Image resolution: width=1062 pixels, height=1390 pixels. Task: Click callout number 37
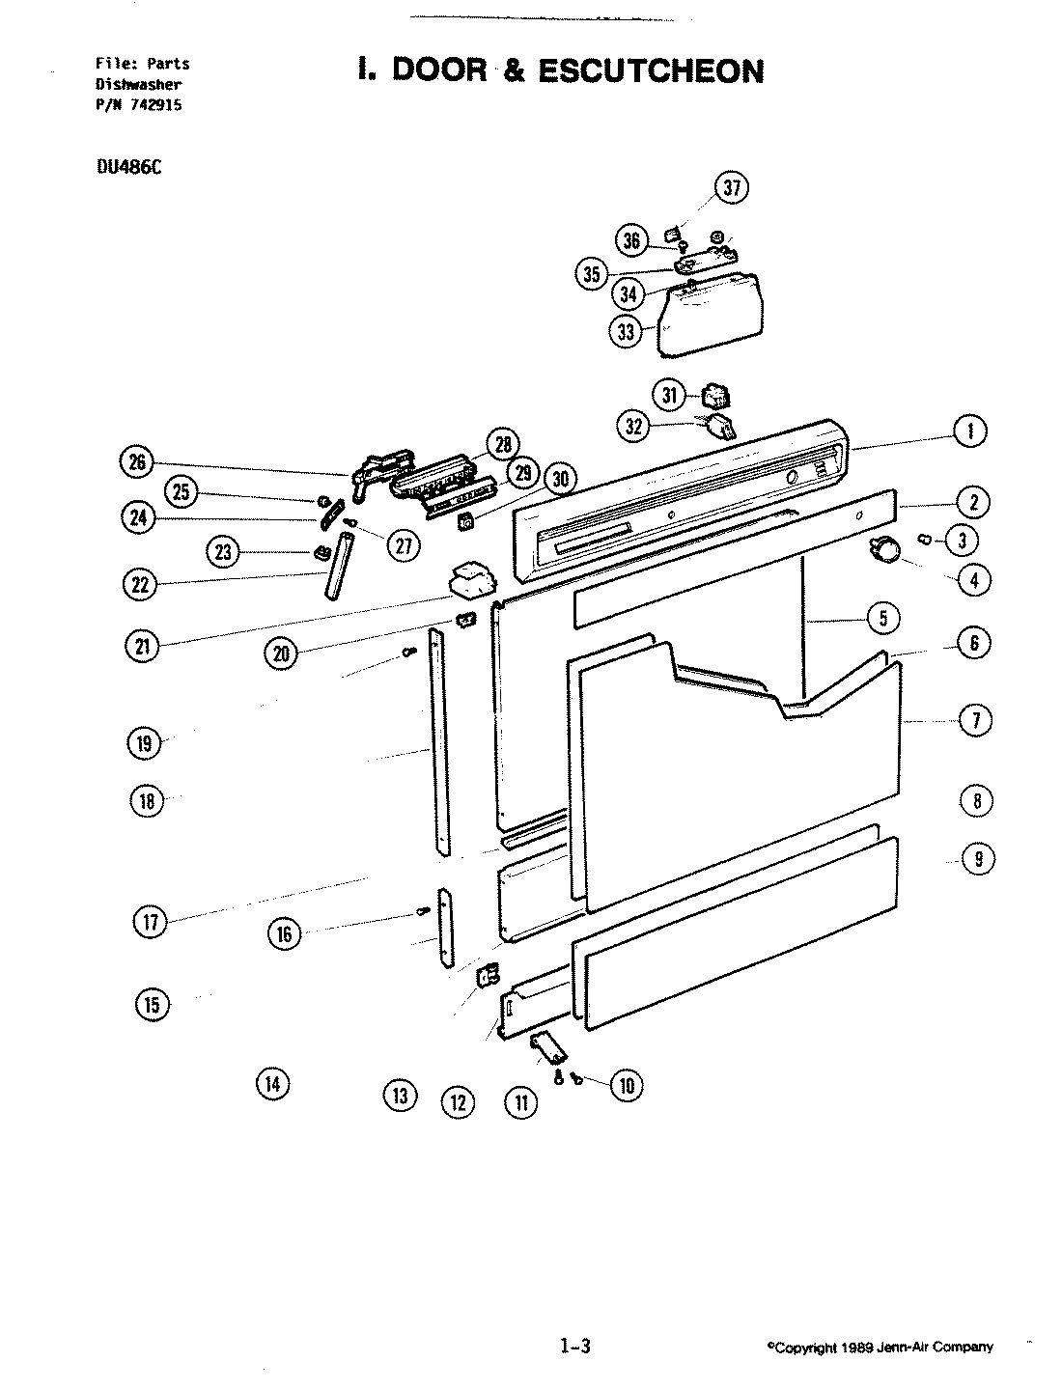coord(732,187)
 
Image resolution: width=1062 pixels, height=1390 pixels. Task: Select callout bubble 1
coord(970,431)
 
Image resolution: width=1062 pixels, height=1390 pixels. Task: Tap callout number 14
coord(272,1084)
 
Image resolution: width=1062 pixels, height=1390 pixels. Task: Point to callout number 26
coord(137,461)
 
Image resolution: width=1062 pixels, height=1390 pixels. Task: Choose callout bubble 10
coord(626,1086)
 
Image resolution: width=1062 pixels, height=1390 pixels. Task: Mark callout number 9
coord(978,859)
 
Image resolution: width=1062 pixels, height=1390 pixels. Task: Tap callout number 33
coord(627,331)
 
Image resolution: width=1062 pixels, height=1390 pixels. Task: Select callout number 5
coord(883,617)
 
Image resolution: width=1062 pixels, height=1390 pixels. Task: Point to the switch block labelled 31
coord(716,396)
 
